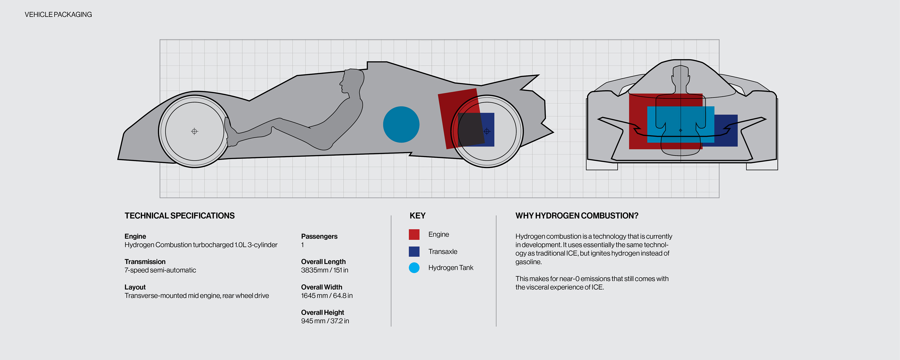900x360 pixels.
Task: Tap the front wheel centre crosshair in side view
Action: [195, 131]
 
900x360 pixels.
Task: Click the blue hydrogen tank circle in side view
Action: [401, 124]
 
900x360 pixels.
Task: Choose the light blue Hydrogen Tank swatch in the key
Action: [414, 268]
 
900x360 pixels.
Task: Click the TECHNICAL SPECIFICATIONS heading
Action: [180, 216]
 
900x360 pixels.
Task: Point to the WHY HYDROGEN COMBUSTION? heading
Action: [577, 216]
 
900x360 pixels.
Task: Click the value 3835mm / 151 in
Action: [325, 270]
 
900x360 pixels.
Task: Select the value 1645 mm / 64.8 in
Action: [327, 296]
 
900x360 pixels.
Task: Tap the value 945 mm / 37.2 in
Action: [325, 321]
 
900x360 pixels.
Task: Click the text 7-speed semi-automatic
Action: [160, 270]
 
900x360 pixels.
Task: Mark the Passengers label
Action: [319, 236]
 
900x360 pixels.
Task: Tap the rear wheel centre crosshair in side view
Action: [487, 131]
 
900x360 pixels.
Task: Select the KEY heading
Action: [417, 216]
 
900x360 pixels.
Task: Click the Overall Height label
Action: [322, 312]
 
